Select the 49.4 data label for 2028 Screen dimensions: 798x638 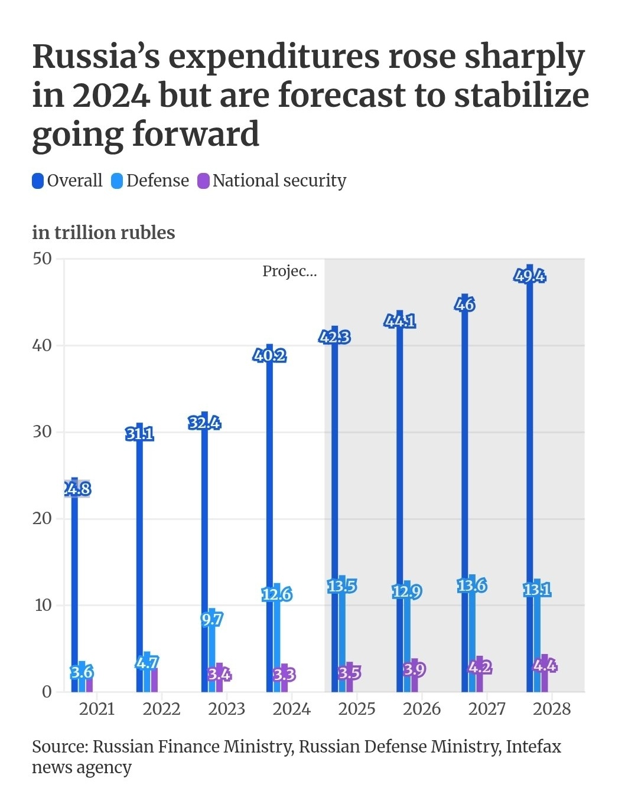click(x=529, y=276)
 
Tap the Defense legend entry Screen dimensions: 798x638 click(x=151, y=181)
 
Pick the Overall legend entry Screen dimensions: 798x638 click(x=67, y=181)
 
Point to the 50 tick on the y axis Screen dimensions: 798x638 click(x=43, y=259)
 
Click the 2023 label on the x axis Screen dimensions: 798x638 click(x=226, y=709)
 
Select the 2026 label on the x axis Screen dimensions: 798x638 click(x=422, y=709)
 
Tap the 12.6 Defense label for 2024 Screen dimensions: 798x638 click(x=277, y=594)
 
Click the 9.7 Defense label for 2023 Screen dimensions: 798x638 click(x=211, y=619)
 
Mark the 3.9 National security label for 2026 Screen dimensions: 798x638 click(x=414, y=669)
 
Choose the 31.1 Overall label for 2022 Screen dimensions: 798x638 click(x=139, y=434)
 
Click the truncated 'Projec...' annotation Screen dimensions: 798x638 click(x=289, y=271)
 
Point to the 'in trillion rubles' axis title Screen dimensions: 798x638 click(x=103, y=233)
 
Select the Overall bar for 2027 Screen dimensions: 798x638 click(x=465, y=502)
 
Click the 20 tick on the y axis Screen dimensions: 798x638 click(x=43, y=518)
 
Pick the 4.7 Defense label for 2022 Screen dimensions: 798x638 click(x=147, y=662)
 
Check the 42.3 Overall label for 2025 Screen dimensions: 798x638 click(x=334, y=337)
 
